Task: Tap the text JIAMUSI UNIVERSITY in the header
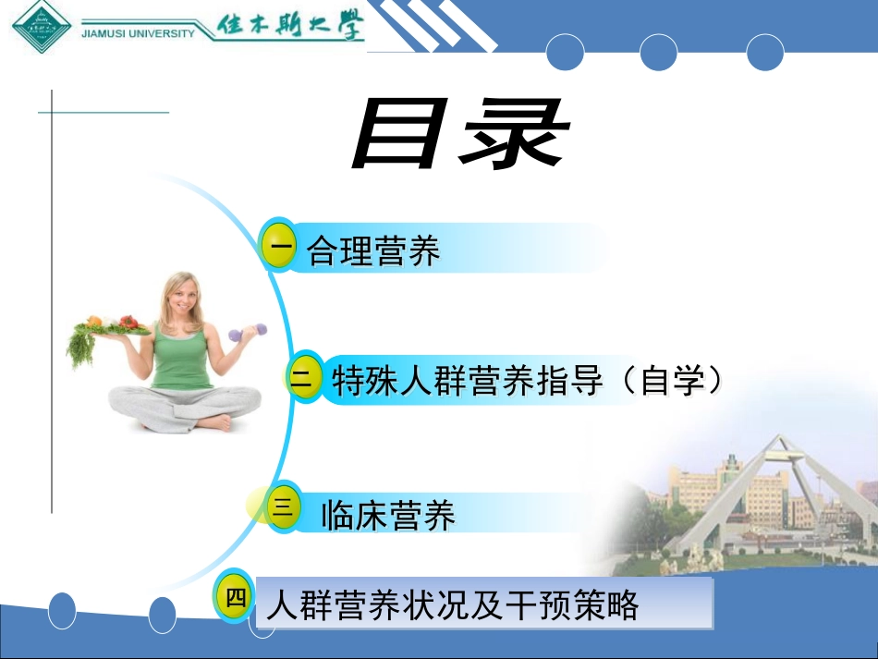(139, 33)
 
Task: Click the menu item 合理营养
(373, 250)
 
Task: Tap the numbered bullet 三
(284, 506)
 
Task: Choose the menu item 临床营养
(388, 516)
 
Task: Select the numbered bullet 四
(235, 597)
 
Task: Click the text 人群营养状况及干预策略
(452, 605)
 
